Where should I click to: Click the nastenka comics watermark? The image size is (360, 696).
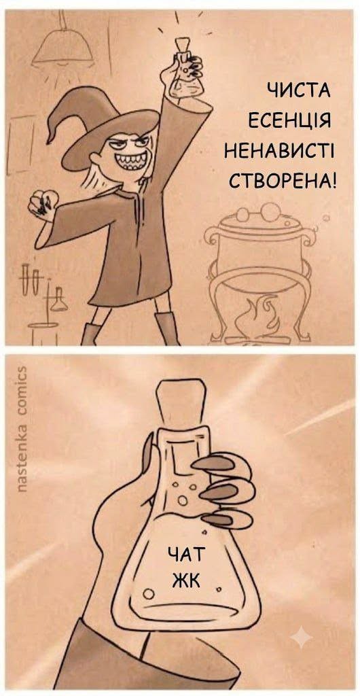click(x=21, y=429)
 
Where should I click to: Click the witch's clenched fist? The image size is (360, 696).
click(x=43, y=203)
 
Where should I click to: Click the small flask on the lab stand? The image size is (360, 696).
click(x=58, y=299)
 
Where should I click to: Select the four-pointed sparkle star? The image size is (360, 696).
click(x=302, y=638)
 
